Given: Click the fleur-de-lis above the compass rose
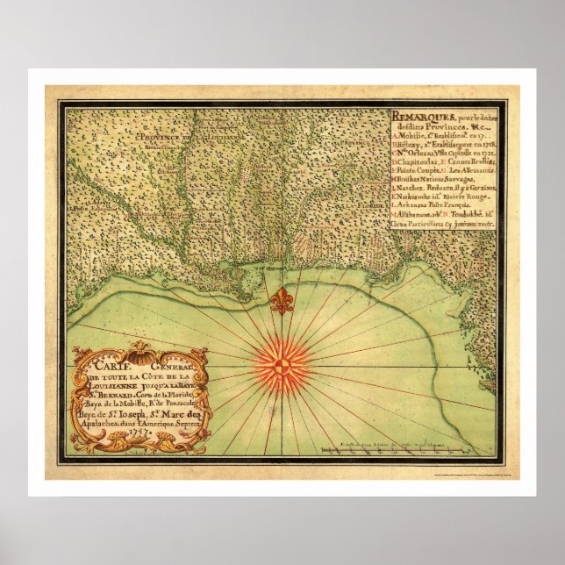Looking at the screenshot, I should click(x=282, y=301).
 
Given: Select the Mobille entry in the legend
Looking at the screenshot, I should click(x=411, y=136).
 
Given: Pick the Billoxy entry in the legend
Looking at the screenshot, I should click(x=411, y=148).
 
